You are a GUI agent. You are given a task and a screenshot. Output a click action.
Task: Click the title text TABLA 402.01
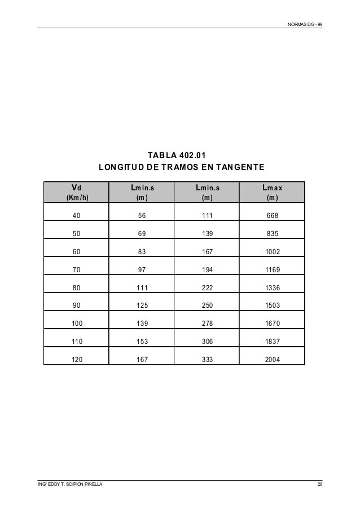[177, 155]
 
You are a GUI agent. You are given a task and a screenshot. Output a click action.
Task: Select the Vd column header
[76, 188]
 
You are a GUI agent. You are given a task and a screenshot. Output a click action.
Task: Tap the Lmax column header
[272, 188]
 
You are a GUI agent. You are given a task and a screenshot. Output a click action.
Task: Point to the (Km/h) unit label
[76, 198]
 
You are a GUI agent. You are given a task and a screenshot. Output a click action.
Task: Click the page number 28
[320, 485]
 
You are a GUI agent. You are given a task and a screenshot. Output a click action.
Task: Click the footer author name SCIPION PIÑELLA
[78, 485]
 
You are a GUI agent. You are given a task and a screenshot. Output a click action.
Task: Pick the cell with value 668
[272, 216]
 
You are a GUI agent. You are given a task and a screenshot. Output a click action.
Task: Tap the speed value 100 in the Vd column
[76, 324]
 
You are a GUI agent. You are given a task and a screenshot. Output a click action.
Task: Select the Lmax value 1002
[272, 252]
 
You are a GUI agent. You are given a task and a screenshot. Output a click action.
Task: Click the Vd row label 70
[76, 270]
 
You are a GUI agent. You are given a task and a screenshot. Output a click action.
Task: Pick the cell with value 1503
[272, 306]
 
